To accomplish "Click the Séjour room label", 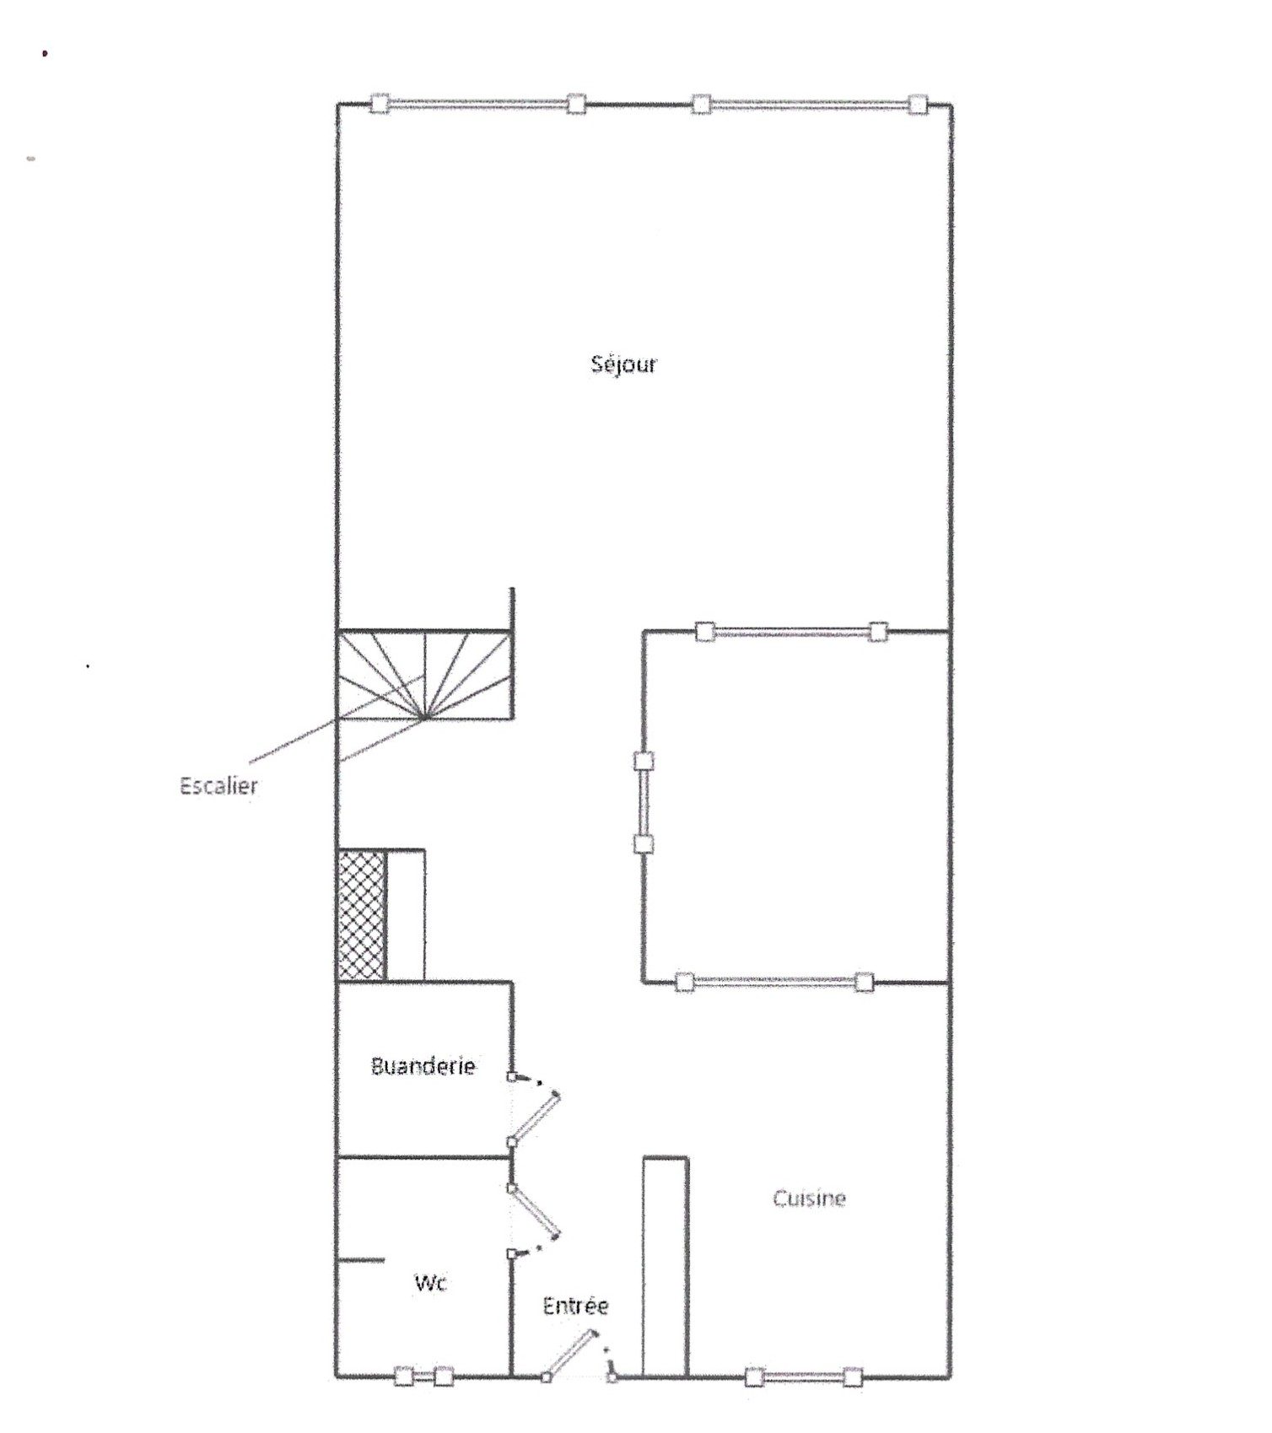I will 623,364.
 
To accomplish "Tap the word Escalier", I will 218,786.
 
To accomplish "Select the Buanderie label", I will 423,1066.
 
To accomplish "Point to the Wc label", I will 430,1283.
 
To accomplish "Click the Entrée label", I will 575,1306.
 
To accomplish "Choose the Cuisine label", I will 809,1199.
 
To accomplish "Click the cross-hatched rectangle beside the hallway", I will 361,915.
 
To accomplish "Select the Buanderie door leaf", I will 534,1118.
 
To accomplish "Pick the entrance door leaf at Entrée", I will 570,1355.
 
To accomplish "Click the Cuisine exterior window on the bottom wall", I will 804,1377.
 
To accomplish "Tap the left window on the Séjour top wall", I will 477,104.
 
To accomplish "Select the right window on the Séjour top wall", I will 809,105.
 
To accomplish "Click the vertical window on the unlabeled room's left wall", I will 644,802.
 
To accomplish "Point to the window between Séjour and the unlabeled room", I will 791,631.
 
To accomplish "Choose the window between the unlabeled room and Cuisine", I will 773,982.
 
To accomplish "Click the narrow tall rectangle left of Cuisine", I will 666,1267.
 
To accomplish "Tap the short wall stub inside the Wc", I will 361,1261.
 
